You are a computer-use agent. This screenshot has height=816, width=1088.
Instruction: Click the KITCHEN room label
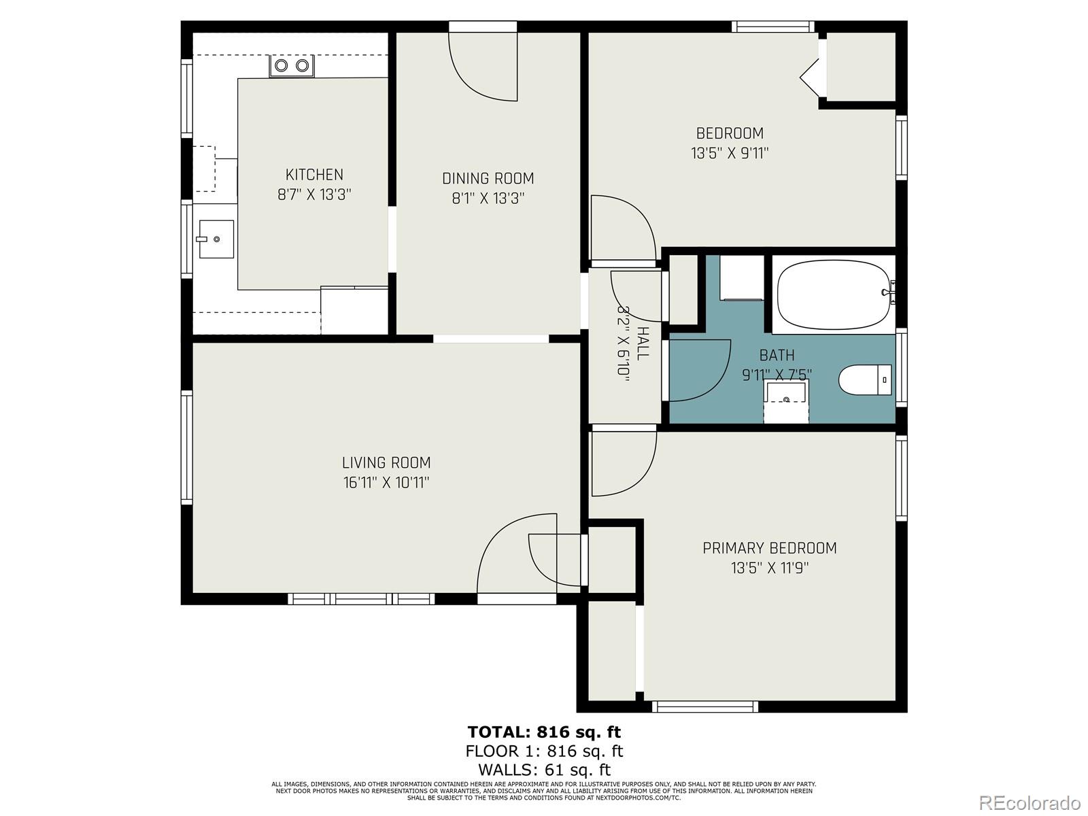pos(314,175)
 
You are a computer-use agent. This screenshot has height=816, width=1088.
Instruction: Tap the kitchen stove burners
pos(292,66)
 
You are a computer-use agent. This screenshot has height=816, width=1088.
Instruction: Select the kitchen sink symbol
pos(216,239)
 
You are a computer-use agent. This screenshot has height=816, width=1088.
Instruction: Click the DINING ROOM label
pos(488,179)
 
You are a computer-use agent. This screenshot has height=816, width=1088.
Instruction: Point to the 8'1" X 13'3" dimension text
pos(488,199)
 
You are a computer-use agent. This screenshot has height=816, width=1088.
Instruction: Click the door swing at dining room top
pos(483,68)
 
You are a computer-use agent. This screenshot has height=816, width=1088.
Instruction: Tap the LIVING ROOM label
pos(386,463)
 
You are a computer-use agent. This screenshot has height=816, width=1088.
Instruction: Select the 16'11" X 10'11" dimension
pos(386,483)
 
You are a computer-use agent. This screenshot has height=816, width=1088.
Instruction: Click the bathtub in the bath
pos(834,295)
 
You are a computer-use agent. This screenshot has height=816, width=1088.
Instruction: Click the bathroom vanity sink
pos(786,394)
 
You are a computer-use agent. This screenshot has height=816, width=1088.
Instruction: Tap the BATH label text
pos(777,355)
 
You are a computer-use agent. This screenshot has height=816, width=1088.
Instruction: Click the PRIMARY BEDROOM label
pos(769,548)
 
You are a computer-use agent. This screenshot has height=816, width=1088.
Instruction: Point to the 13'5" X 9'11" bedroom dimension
pos(730,153)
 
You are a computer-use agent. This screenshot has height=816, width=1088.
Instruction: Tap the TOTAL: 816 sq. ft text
pos(544,732)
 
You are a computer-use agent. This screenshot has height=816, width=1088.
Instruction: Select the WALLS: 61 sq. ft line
pos(544,770)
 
